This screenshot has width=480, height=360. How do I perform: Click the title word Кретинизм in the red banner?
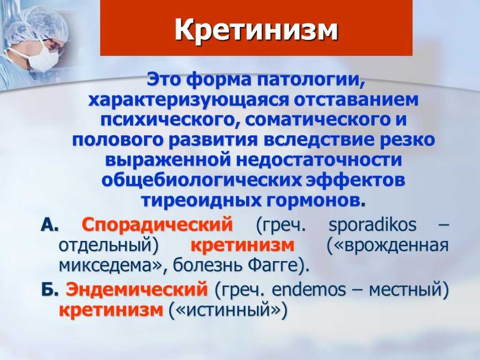pos(256,30)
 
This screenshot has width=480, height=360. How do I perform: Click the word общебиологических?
pos(202,180)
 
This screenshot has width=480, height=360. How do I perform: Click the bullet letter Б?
pos(50,290)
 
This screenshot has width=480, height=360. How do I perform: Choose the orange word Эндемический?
pos(137,289)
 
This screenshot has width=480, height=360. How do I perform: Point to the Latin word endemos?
pos(308,290)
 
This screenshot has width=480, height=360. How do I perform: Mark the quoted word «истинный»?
pos(229,310)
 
